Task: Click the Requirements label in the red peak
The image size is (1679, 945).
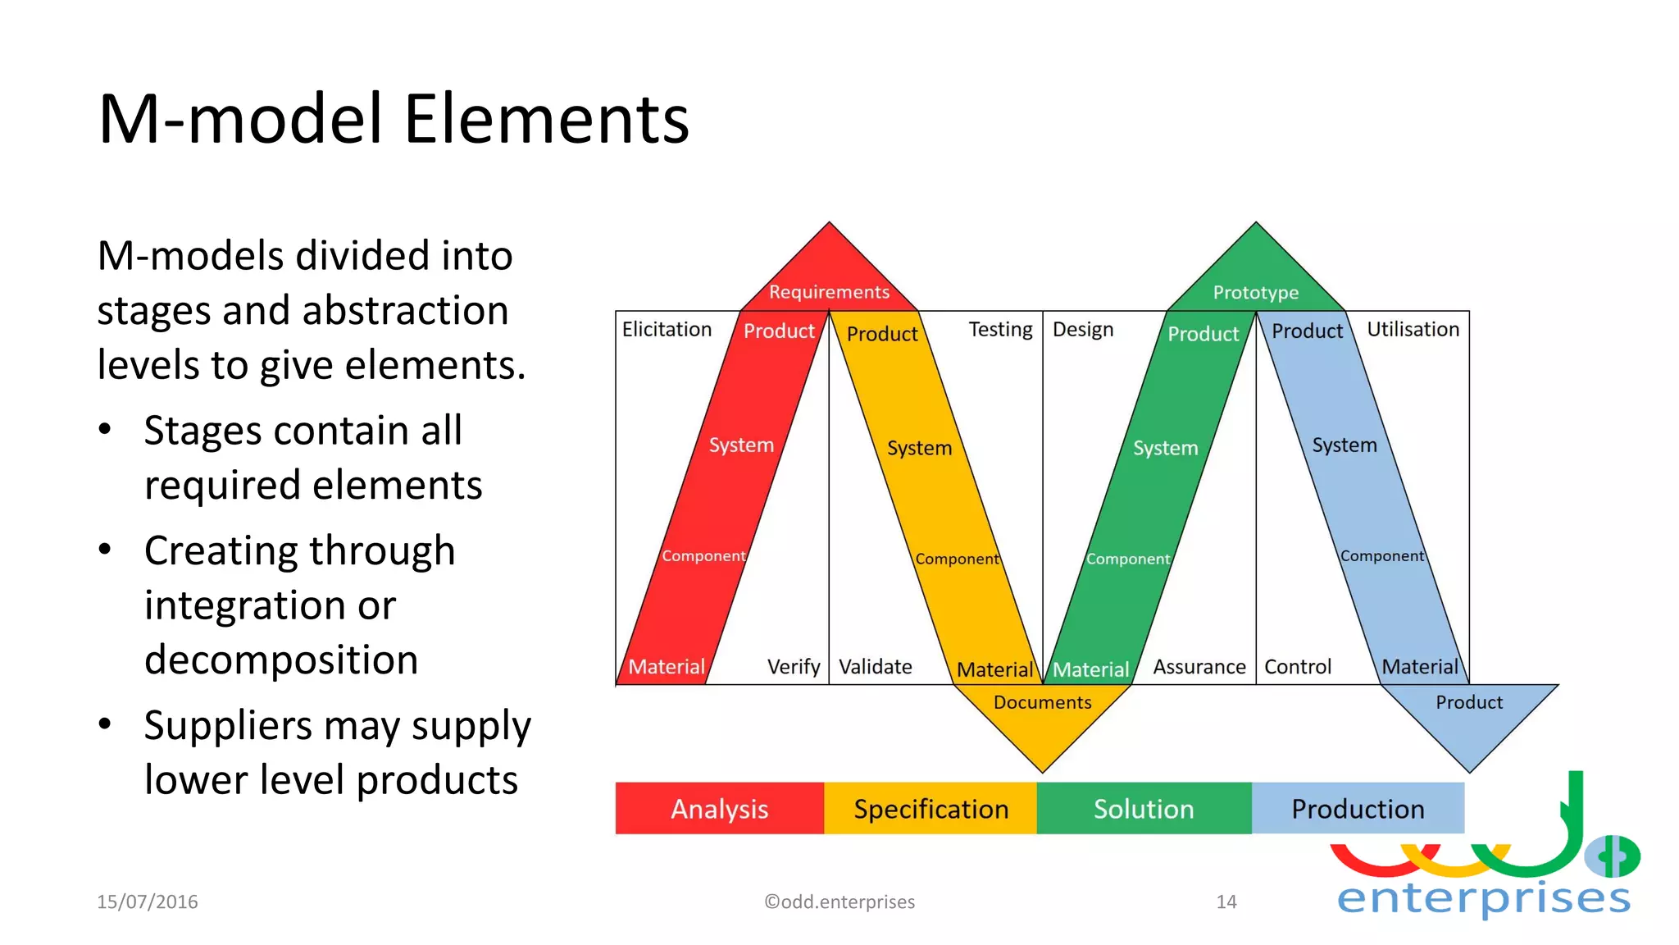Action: [829, 292]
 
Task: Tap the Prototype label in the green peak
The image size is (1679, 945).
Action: [1255, 293]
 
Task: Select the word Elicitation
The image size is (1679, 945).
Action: [667, 330]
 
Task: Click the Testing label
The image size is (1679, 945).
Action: [1000, 330]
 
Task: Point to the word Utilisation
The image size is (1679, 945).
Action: [1413, 330]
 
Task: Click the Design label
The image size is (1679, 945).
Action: [1082, 330]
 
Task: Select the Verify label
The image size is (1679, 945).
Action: [793, 667]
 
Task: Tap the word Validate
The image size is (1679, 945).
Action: [875, 667]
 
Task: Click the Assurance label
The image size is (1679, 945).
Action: [1199, 667]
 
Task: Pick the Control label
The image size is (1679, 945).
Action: [1297, 667]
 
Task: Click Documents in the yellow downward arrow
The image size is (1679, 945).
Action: [1042, 702]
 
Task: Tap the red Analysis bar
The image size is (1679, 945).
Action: [719, 809]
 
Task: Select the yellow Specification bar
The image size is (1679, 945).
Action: [931, 809]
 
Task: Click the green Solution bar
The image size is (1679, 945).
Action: [1144, 809]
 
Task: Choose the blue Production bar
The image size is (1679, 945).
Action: [1358, 809]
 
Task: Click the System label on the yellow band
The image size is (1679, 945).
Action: [919, 449]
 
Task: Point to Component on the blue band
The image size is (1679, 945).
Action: [1381, 556]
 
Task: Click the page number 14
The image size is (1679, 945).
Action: [1226, 902]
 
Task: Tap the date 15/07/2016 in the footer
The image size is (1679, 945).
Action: [148, 902]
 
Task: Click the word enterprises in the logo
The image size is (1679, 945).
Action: [1483, 898]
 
